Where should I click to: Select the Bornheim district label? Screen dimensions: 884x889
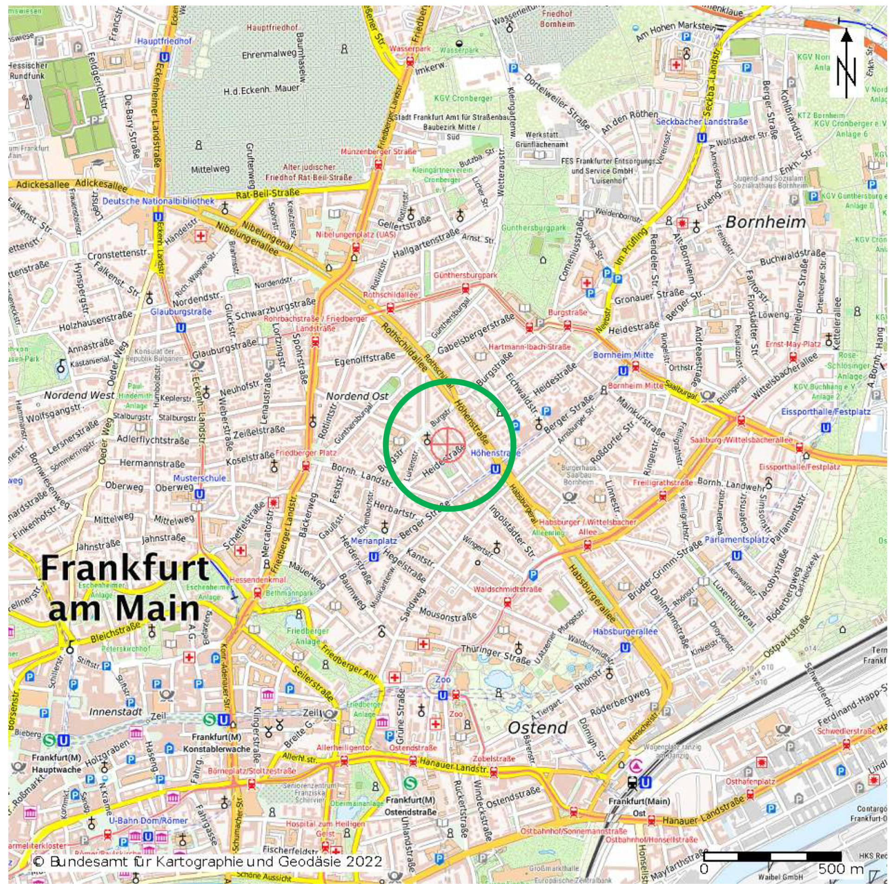tap(765, 222)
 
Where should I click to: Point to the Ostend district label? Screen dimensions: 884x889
tap(537, 727)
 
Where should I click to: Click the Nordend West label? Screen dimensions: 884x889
tap(79, 395)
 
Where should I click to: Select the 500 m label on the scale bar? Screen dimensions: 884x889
tap(840, 868)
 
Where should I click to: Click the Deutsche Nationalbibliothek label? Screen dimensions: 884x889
tap(158, 201)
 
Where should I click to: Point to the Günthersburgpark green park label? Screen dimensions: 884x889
tap(534, 228)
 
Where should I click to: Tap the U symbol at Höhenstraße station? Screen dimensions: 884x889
tap(495, 469)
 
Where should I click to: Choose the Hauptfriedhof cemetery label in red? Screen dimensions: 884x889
tap(272, 28)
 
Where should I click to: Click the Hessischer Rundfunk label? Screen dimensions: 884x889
tap(28, 70)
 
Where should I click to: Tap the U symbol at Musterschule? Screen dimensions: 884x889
tap(200, 494)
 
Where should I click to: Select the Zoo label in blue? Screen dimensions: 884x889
tap(443, 679)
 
